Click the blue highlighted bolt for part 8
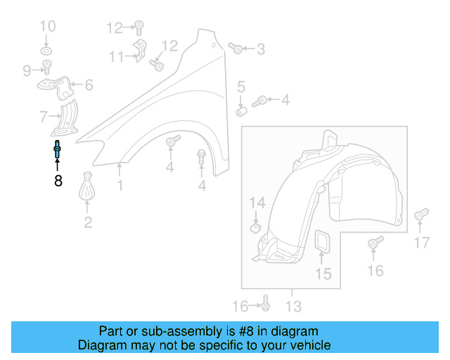[57, 150]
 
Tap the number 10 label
[47, 27]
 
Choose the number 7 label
[44, 116]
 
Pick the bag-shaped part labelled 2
[88, 188]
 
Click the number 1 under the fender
[120, 186]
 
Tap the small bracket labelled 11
[139, 53]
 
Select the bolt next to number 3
[236, 49]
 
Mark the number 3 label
[261, 49]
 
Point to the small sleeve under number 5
[241, 110]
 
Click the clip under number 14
[257, 227]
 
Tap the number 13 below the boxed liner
[293, 307]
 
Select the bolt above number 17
[421, 214]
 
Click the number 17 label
[421, 243]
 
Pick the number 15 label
[323, 274]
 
